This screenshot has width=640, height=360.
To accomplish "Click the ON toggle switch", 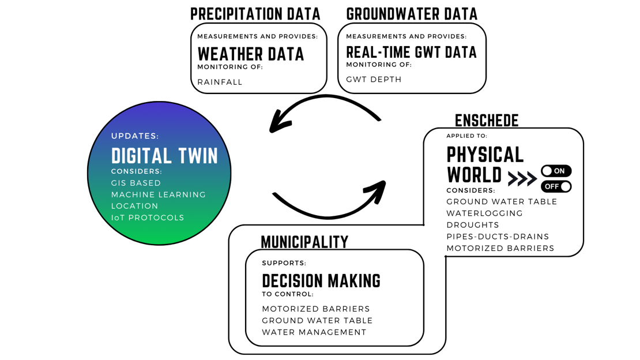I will tap(556, 171).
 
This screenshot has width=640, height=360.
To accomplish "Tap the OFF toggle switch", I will tap(556, 186).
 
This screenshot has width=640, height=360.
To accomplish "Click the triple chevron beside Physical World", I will tap(522, 179).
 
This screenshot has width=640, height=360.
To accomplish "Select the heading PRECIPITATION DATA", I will tap(255, 14).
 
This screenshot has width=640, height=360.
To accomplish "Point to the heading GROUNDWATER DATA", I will tap(412, 14).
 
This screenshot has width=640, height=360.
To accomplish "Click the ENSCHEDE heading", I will tap(487, 120).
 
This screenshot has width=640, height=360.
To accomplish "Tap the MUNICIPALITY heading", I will tap(304, 242).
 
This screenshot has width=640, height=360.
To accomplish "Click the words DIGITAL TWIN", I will tap(164, 156).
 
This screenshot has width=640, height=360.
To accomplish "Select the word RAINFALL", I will tap(220, 82).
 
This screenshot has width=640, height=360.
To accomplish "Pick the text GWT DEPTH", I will tap(374, 79).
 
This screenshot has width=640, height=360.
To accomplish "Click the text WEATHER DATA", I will tap(251, 54).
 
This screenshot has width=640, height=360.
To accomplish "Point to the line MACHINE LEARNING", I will tap(159, 194).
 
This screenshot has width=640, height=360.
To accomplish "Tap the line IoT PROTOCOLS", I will tap(148, 217).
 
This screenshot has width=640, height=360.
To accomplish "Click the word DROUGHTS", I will tap(473, 225).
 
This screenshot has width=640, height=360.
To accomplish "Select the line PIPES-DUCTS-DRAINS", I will tap(498, 237).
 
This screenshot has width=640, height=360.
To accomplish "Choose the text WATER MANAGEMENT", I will tap(314, 332).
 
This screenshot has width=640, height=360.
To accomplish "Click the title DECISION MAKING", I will tap(321, 281).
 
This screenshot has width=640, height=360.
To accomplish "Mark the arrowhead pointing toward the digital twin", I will tap(279, 123).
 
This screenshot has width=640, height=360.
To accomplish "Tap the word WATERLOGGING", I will tap(485, 213).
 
